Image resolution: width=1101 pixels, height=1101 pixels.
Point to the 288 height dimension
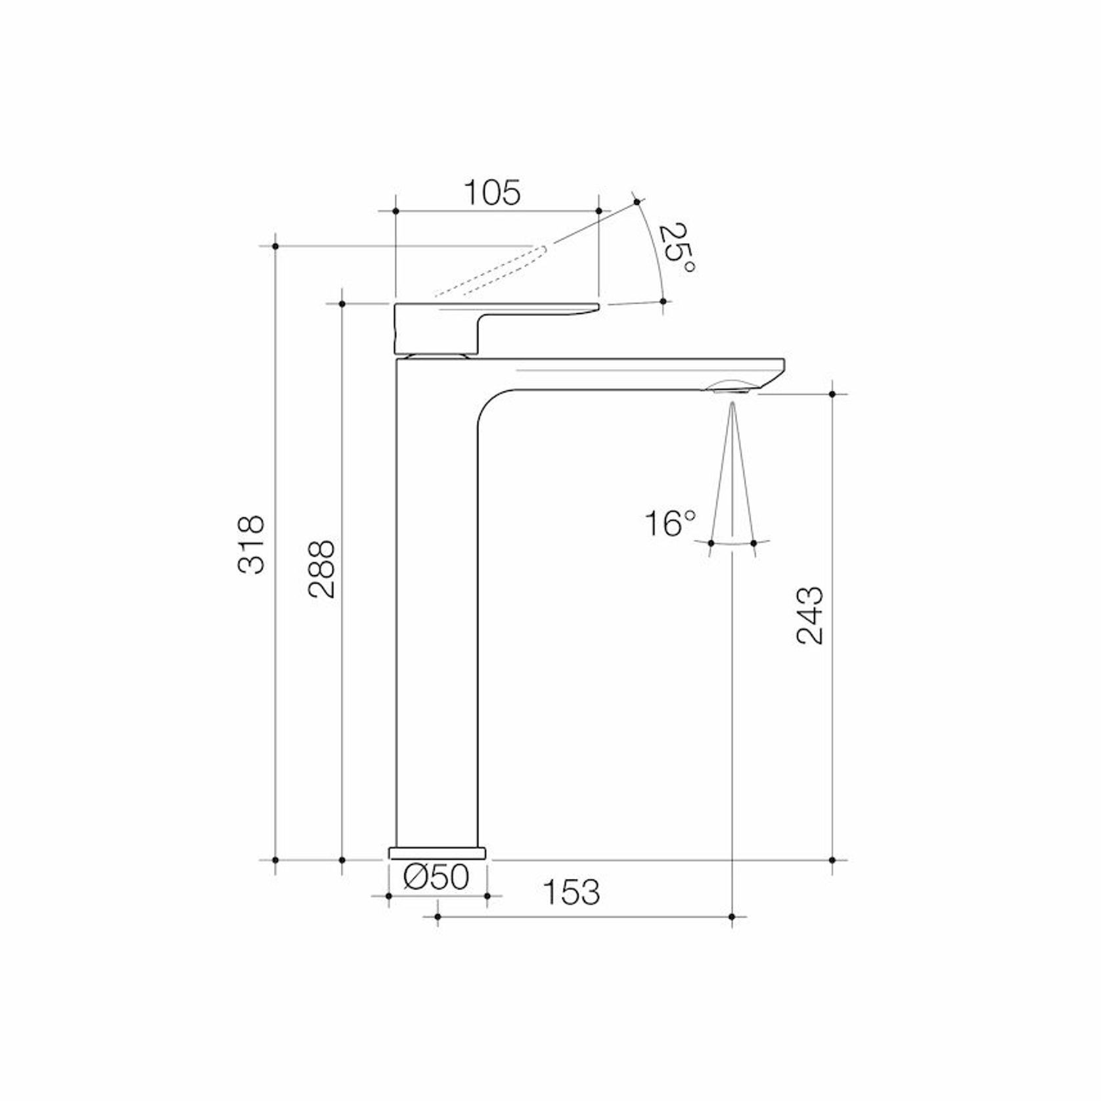[321, 569]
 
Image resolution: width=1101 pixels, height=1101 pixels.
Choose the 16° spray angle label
[669, 524]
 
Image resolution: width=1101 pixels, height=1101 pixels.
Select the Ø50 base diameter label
[437, 877]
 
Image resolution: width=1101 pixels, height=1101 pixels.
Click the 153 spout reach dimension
[571, 891]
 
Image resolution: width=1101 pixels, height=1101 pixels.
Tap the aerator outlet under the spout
[729, 390]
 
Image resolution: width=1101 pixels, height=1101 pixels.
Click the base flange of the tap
[437, 853]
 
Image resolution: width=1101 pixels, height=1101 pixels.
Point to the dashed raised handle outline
[489, 272]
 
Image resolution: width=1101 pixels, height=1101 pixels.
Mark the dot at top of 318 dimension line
[276, 246]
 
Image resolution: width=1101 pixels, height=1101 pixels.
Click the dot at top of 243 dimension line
[832, 394]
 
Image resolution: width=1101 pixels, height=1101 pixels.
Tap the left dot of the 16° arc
[711, 543]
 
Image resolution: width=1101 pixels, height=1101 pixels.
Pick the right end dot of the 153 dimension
[732, 917]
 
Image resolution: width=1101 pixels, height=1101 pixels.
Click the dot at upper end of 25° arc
[636, 202]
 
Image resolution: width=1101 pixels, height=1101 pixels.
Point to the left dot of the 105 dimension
[395, 211]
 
